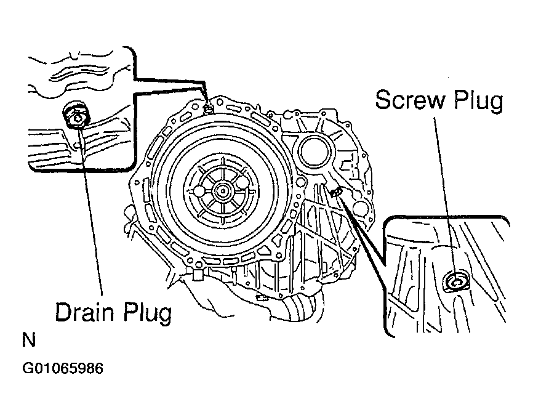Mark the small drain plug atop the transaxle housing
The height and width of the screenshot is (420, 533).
pos(209,109)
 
